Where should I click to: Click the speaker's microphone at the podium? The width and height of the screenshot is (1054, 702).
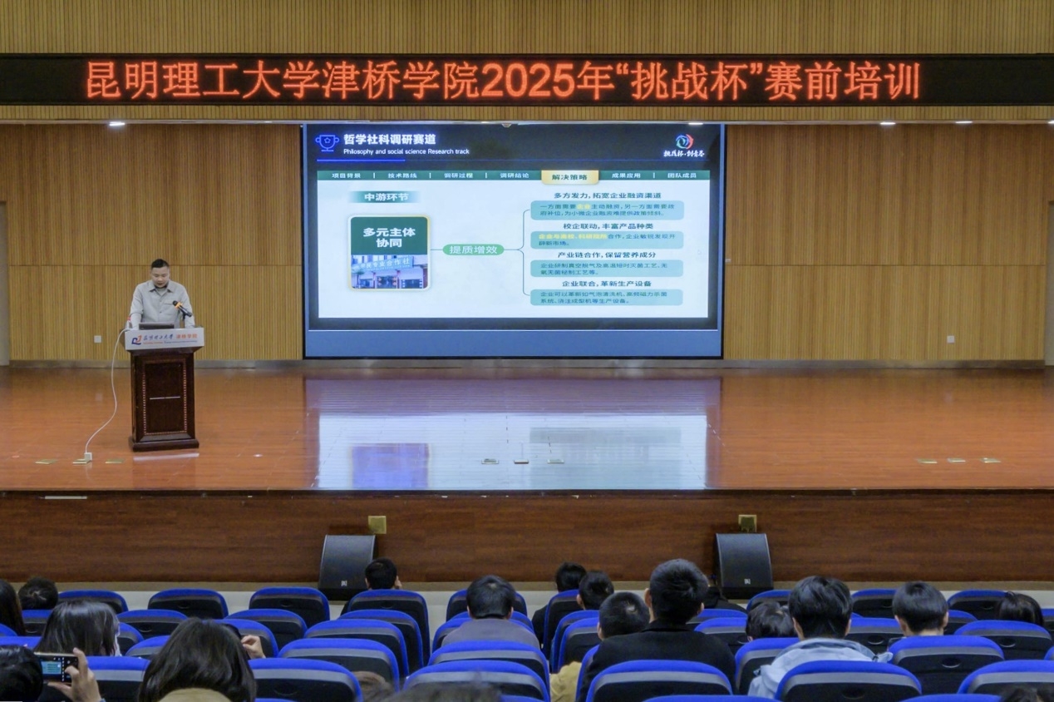point(182,309)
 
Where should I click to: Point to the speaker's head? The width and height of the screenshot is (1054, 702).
point(160,271)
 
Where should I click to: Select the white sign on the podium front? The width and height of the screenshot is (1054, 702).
point(164,339)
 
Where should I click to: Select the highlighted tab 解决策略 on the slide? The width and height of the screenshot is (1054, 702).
point(569,176)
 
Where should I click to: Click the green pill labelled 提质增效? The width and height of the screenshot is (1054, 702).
point(473,250)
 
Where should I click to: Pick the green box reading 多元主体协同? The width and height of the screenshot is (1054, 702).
point(389,237)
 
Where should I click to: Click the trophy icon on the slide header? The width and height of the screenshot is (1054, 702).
point(327,141)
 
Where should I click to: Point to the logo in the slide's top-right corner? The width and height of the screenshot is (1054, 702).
point(684,146)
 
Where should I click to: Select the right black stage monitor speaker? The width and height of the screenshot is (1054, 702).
point(744,564)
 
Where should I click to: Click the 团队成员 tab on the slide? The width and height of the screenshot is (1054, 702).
point(682,175)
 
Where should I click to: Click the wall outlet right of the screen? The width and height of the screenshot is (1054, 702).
point(950,339)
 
